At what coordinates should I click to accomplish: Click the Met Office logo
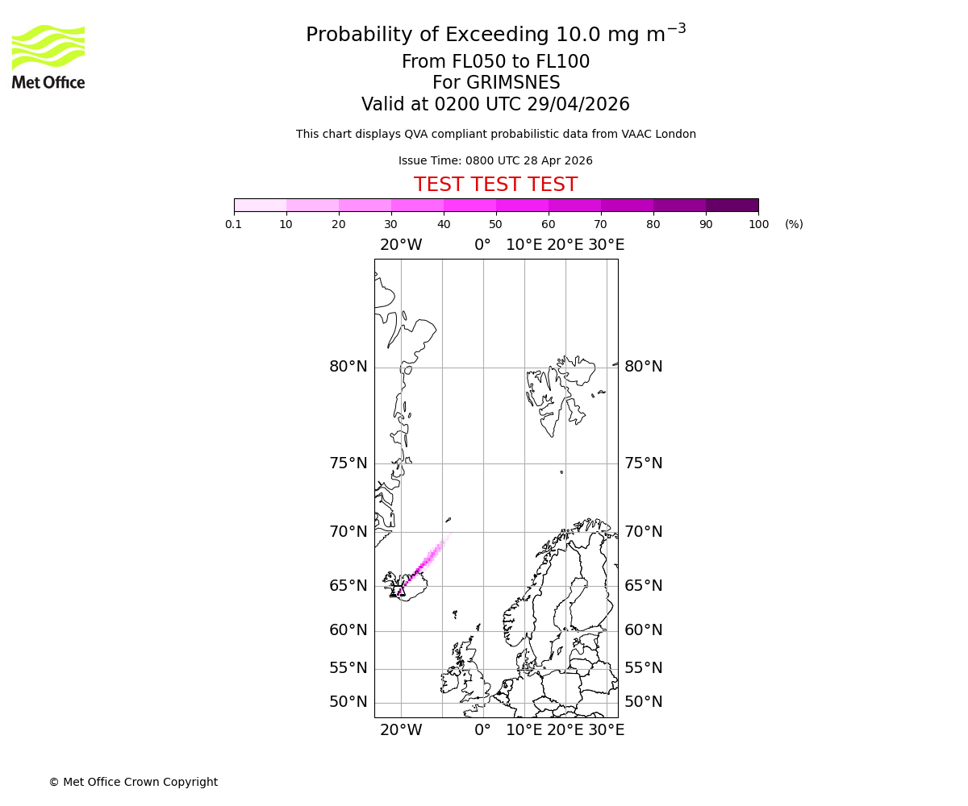point(48,56)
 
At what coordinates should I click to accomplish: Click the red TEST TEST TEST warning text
point(495,185)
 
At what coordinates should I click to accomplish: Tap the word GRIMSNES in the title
point(496,83)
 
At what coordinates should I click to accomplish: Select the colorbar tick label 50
point(495,224)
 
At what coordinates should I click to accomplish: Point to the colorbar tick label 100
point(758,224)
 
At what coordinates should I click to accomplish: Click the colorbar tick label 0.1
point(234,224)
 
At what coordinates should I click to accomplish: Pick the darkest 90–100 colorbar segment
point(732,205)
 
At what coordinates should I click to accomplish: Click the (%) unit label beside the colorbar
point(794,224)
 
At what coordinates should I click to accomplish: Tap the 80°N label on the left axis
point(348,367)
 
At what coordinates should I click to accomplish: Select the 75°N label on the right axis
point(644,463)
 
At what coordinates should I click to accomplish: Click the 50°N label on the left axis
point(348,702)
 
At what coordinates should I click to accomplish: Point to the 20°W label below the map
point(401,730)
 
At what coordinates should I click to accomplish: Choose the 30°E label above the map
point(606,245)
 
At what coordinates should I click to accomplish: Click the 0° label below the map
point(482,730)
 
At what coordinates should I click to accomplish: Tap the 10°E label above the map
point(524,245)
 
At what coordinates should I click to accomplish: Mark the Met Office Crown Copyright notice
point(133,782)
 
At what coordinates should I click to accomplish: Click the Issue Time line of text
point(495,160)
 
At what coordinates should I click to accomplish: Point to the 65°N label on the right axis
point(644,586)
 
